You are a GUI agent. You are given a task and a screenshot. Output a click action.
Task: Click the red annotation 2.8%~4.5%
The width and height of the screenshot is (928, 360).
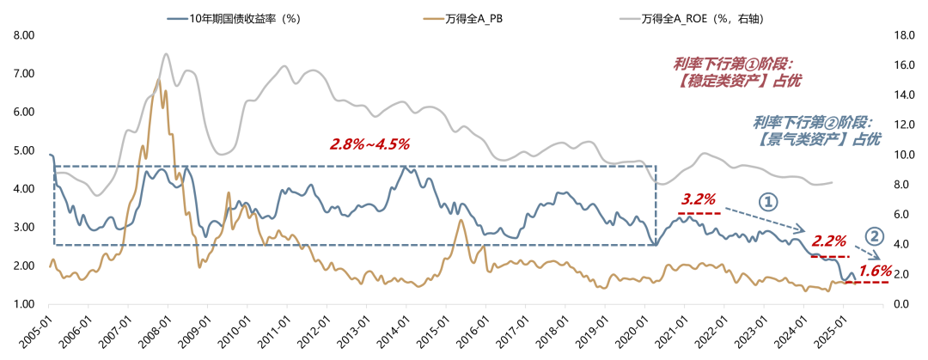coord(369,143)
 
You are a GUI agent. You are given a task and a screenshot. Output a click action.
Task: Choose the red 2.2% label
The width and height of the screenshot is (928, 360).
coord(829,241)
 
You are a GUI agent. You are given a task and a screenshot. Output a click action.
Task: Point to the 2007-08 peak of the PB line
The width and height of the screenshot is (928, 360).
coord(158,80)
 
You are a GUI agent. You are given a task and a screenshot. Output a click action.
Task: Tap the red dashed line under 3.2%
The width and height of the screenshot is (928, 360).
coord(700,212)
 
